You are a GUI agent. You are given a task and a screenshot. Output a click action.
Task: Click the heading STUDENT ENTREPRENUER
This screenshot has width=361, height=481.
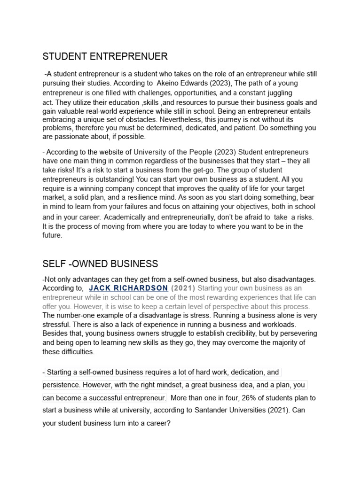[105, 57]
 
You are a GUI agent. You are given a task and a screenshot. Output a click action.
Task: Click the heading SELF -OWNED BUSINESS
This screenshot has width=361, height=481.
[100, 264]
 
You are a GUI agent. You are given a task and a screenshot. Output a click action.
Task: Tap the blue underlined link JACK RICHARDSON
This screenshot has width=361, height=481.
[128, 288]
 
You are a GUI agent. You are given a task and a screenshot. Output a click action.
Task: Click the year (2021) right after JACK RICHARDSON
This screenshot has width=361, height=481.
[183, 288]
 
